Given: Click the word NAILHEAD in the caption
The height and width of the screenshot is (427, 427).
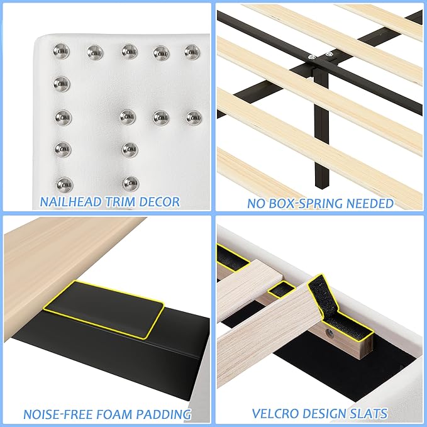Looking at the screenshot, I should tap(70, 202).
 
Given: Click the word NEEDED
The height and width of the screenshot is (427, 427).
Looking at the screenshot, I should tap(370, 203).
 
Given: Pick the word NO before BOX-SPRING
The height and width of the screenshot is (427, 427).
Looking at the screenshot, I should tap(257, 203).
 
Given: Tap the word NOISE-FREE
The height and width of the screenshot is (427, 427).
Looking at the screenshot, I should tap(62, 414).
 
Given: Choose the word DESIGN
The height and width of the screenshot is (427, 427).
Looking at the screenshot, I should tap(328, 414).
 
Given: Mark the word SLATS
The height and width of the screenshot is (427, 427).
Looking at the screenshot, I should tap(370, 414).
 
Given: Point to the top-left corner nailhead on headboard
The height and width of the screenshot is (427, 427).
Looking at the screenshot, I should tap(62, 49).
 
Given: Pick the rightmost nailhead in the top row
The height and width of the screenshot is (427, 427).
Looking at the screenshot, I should tap(192, 50).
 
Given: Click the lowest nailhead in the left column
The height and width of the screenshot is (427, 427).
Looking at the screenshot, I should tap(64, 184).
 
